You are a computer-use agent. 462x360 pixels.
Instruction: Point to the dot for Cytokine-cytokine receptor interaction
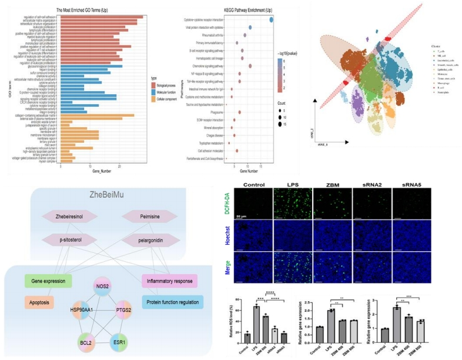[x=272, y=20]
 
